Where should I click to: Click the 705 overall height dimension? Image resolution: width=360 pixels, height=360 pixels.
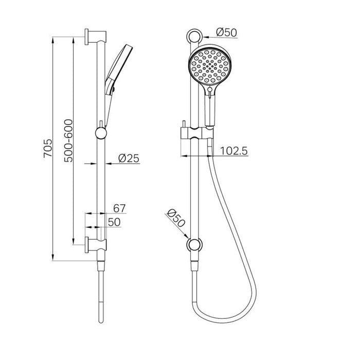[47, 149]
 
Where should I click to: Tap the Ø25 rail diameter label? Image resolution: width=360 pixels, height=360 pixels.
[129, 159]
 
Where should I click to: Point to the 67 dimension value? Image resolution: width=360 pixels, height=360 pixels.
[119, 208]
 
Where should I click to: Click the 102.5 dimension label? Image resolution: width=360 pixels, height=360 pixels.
[234, 151]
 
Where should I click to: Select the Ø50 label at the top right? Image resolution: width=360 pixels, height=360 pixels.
[226, 32]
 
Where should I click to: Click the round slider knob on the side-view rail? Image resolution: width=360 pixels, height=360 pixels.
[102, 134]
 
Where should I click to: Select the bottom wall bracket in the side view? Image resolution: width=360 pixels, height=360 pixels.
[95, 243]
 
